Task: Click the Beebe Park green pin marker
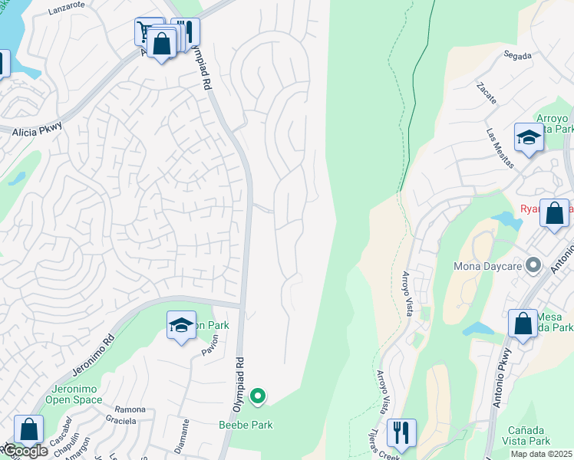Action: click(259, 396)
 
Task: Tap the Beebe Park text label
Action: click(246, 425)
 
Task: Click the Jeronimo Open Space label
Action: click(74, 394)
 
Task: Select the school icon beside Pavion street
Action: click(181, 326)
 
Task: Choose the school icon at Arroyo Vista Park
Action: click(529, 138)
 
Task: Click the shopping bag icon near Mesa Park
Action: click(523, 323)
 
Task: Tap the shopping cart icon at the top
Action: click(147, 31)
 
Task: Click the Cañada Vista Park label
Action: click(526, 435)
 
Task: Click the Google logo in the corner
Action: click(25, 452)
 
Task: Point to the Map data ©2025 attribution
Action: click(541, 454)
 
